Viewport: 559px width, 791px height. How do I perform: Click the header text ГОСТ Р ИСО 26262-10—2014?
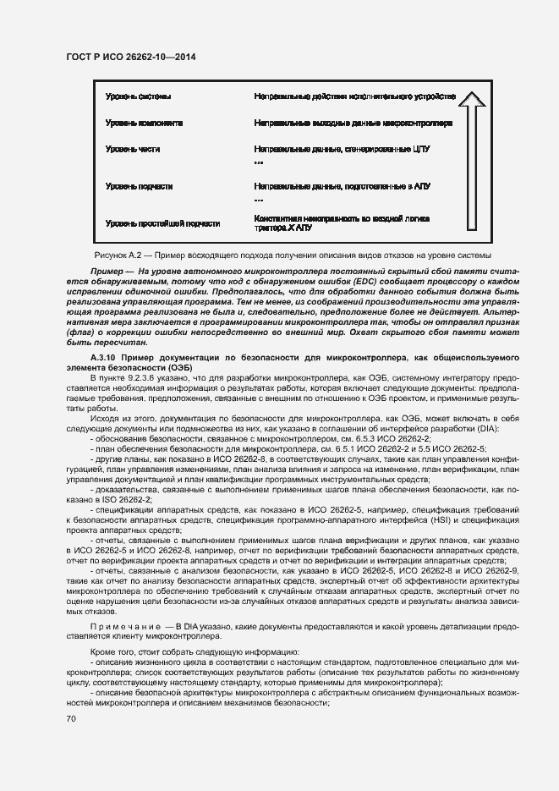(131, 58)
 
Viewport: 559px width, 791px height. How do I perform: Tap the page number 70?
(71, 719)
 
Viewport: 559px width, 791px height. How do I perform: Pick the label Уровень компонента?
(144, 123)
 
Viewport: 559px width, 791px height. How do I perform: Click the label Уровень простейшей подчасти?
(162, 223)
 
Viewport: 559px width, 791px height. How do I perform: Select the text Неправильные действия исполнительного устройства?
(354, 96)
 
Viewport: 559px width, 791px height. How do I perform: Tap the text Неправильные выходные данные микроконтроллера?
(353, 123)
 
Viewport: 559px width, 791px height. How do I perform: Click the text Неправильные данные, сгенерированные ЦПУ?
(343, 149)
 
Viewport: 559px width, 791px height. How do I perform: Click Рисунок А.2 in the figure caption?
(115, 255)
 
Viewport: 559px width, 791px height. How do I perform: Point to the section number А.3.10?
(90, 359)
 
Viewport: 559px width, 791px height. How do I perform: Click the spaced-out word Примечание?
(123, 626)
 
